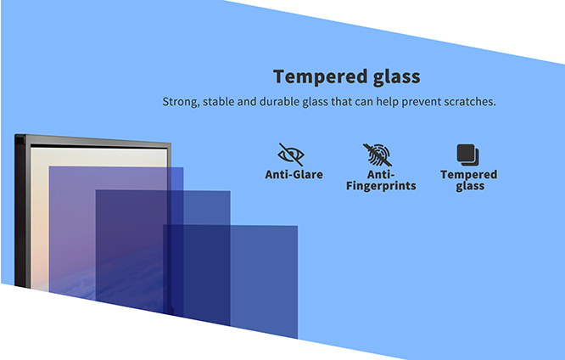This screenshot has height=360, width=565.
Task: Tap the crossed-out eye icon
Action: click(x=291, y=155)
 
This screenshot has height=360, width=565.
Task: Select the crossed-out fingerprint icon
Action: click(x=378, y=155)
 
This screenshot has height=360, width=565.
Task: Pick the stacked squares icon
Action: click(x=467, y=155)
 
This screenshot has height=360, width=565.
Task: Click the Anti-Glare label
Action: click(x=294, y=175)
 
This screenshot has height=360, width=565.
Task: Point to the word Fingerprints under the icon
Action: click(x=381, y=186)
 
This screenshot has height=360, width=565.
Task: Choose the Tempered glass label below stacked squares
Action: click(x=469, y=180)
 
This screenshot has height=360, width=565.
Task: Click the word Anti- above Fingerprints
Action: click(x=381, y=175)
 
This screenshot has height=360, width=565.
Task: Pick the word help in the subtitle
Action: click(x=388, y=102)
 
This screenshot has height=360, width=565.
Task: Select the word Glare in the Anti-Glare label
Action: click(x=308, y=175)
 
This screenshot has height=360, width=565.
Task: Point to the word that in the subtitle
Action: click(x=341, y=102)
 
